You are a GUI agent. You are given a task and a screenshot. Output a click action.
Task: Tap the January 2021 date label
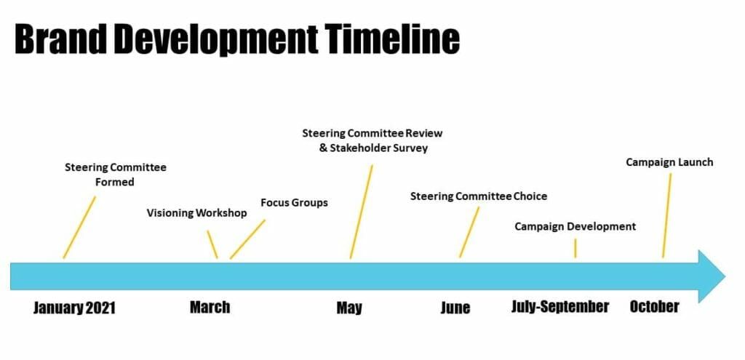click(74, 308)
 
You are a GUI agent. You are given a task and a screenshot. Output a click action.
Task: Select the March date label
click(210, 307)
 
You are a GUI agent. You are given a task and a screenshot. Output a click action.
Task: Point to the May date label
click(349, 308)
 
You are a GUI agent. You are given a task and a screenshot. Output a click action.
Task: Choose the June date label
click(455, 308)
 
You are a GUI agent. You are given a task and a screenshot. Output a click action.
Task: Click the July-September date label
click(560, 306)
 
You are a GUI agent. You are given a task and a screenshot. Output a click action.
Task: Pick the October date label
click(654, 306)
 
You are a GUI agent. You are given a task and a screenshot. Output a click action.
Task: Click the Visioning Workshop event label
click(196, 213)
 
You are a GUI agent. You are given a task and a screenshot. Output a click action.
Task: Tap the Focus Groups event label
click(294, 203)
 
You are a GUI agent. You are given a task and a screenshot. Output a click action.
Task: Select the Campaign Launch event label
click(669, 162)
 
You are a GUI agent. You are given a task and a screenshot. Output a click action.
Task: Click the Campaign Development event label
click(575, 226)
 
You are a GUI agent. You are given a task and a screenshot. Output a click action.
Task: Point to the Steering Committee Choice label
click(479, 196)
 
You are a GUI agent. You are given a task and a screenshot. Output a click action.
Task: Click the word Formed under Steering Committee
click(114, 182)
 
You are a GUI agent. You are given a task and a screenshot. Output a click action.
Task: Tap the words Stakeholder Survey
click(378, 148)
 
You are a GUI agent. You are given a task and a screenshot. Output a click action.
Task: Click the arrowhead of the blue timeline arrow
click(712, 276)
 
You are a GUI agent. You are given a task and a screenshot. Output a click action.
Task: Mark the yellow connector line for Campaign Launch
click(667, 215)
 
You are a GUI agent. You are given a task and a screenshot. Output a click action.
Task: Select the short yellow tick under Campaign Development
click(575, 249)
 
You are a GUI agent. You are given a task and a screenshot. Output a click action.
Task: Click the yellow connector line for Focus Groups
click(247, 239)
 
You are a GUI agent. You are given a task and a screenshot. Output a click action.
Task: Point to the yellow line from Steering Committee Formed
click(79, 228)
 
